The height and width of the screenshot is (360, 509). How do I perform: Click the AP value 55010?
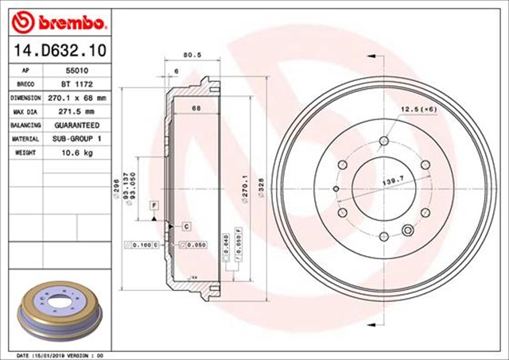tap(77, 70)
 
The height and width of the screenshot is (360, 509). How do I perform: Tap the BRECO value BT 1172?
tap(77, 83)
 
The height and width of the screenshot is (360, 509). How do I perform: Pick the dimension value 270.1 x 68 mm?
tap(79, 98)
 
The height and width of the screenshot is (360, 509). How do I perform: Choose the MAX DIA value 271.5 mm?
tap(79, 111)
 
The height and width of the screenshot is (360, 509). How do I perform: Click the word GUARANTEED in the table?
tap(77, 126)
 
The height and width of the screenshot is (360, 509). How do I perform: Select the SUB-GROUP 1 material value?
tap(77, 139)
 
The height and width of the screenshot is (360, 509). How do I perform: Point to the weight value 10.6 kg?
tap(77, 153)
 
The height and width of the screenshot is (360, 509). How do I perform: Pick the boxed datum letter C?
tap(185, 226)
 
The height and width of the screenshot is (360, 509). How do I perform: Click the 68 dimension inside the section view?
tap(195, 107)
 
